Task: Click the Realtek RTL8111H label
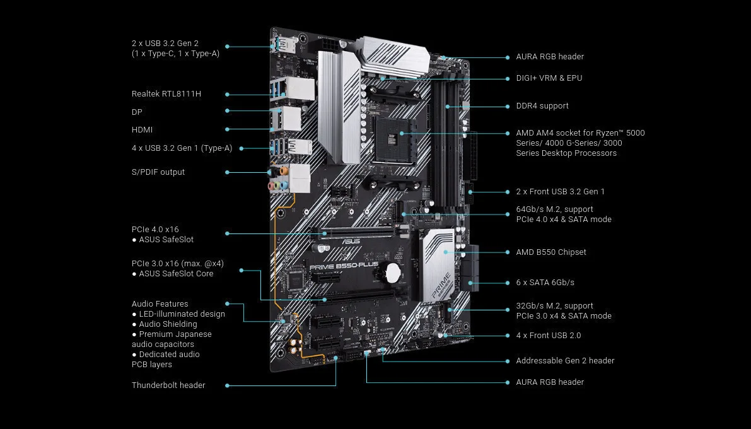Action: click(x=166, y=94)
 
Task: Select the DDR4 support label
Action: click(x=542, y=106)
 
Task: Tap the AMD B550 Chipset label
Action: click(x=551, y=252)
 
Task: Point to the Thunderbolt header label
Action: click(x=168, y=385)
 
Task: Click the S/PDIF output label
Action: click(x=158, y=172)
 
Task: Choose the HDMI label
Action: click(x=143, y=130)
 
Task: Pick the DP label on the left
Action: click(x=137, y=112)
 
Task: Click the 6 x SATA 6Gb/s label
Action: click(x=545, y=283)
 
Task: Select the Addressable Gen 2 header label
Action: click(x=565, y=361)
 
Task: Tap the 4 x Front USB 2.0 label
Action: click(x=549, y=336)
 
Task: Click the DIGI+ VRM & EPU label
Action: click(x=549, y=78)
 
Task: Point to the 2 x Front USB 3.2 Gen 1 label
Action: click(x=561, y=192)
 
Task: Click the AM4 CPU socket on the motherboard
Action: click(x=393, y=141)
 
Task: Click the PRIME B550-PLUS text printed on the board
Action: click(x=344, y=266)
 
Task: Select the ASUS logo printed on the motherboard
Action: click(x=351, y=240)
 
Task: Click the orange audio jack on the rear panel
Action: click(x=284, y=170)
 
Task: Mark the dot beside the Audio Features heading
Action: click(x=227, y=304)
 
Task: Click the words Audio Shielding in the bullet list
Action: click(x=168, y=324)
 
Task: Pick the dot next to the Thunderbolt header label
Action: click(x=227, y=385)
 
